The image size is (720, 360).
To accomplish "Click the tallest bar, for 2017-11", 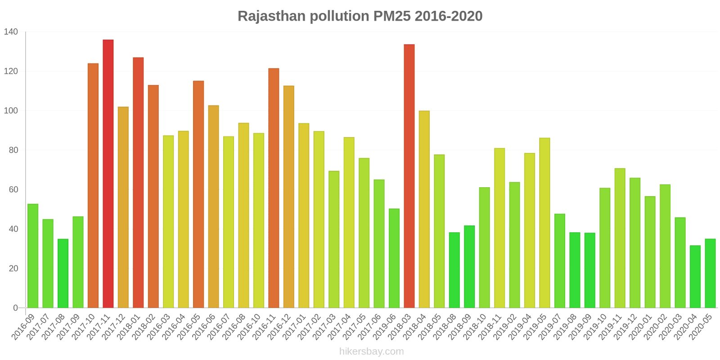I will pos(108,174).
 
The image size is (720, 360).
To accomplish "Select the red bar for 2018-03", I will pos(409,176).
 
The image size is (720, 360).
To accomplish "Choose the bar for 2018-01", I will pos(138,182).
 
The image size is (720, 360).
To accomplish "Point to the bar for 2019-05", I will pos(544,223).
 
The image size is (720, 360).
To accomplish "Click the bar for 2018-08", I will pos(454,270).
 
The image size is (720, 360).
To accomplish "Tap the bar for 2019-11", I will pos(620,238).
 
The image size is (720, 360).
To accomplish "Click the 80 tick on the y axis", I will pos(13,150).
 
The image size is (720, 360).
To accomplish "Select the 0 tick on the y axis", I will pos(16,308).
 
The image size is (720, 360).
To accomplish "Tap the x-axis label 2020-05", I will pos(701,327).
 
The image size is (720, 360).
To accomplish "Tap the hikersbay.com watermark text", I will pos(371,351).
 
